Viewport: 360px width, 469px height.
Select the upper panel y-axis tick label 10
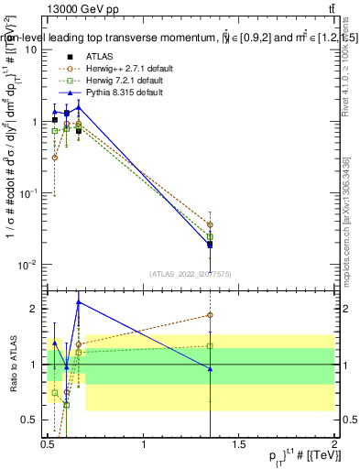30,49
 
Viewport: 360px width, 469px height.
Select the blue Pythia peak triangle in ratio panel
79,301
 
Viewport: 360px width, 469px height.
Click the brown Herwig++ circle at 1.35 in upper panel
211,224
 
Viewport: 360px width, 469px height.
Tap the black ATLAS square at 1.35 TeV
211,245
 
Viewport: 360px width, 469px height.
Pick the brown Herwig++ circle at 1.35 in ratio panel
211,315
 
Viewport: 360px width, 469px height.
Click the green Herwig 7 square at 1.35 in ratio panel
211,346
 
